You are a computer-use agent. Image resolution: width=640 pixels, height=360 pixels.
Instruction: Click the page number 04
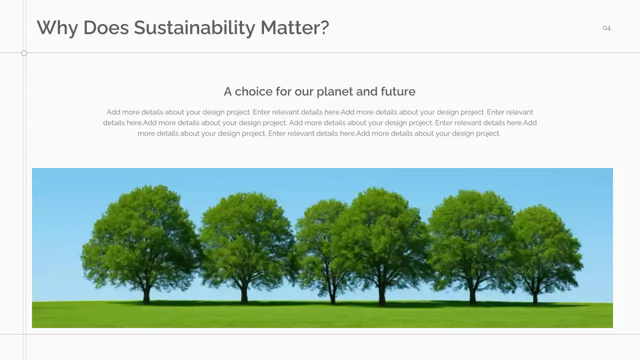tap(606, 28)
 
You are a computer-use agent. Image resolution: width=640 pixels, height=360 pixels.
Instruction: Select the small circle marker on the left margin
tap(24, 53)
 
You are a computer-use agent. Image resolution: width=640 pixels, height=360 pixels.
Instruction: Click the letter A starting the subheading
tap(227, 91)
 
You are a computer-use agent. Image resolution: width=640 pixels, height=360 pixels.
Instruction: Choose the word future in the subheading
tap(398, 91)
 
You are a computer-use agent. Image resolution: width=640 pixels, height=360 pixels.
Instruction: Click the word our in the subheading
tap(303, 91)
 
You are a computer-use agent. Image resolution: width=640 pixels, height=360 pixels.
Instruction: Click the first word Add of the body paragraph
tap(113, 112)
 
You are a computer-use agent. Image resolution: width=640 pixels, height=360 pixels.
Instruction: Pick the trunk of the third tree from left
tap(332, 296)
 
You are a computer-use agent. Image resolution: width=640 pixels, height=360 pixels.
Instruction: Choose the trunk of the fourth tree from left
tap(382, 296)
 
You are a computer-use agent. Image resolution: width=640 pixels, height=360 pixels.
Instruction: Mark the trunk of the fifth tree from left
tap(472, 296)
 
